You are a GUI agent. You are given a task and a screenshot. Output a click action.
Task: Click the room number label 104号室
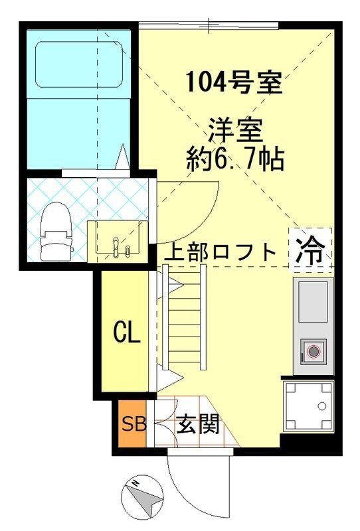pos(234,84)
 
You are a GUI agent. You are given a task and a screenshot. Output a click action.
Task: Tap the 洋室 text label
pos(234,128)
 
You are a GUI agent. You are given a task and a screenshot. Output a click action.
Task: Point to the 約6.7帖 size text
pos(234,159)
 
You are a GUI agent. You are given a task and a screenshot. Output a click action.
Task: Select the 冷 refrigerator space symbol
pos(310,250)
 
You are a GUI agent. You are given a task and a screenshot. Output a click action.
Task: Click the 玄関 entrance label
pos(197,424)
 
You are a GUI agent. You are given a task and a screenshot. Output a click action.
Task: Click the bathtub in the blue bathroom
pos(80,65)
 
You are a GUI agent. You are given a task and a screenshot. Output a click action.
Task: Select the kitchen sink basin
pos(313,301)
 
